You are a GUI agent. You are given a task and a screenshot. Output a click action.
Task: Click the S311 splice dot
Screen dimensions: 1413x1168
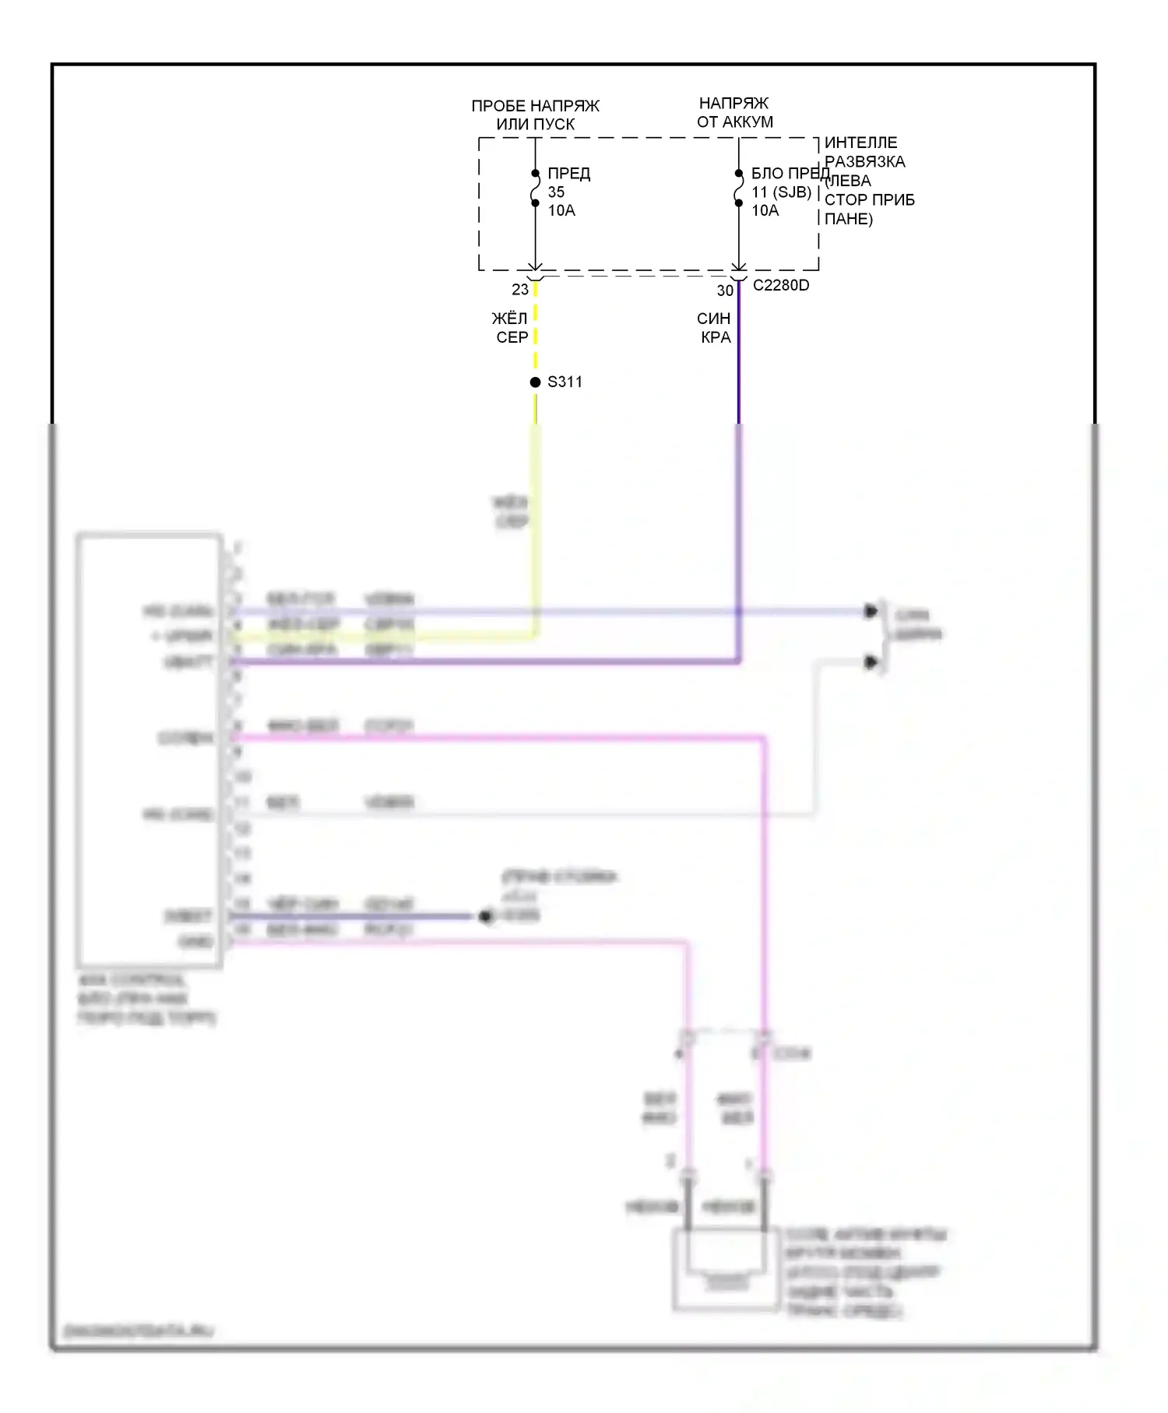[x=535, y=382]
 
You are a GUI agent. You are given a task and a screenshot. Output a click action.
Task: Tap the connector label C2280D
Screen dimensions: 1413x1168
[x=780, y=286]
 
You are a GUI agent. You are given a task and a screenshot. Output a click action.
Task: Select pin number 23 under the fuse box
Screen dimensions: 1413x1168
[x=519, y=290]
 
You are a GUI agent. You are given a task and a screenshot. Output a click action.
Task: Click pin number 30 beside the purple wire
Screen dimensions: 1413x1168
[x=725, y=291]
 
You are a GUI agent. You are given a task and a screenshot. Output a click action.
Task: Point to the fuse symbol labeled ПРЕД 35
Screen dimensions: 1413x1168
[x=535, y=189]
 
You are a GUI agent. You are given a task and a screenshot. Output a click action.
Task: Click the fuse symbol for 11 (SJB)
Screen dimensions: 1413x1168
[x=738, y=189]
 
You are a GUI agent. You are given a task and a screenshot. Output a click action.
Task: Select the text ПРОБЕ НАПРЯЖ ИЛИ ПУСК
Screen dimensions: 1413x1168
[x=536, y=115]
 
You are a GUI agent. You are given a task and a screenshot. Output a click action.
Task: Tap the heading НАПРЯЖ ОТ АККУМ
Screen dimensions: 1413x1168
[x=734, y=113]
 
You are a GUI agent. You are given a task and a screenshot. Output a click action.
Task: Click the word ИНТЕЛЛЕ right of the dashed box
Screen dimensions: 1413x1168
[x=860, y=143]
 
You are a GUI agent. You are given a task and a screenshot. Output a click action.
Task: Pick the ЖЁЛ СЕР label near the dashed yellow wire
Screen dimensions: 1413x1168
[x=511, y=328]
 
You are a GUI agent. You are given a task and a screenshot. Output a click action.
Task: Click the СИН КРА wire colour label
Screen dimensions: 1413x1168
[x=714, y=328]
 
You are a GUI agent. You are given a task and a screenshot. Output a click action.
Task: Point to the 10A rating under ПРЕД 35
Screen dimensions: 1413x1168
[x=561, y=211]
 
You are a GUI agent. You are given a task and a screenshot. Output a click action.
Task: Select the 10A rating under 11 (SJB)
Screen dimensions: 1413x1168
[x=765, y=211]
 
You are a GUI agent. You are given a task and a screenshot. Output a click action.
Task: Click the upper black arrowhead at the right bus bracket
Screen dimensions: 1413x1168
[x=871, y=611]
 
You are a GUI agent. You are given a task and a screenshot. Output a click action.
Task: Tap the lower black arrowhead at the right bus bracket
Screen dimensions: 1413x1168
[x=871, y=663]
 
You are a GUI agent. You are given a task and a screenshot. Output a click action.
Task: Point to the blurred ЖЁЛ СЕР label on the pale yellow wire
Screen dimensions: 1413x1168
[x=511, y=512]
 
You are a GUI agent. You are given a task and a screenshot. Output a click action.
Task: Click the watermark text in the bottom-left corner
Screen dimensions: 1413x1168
[x=139, y=1331]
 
